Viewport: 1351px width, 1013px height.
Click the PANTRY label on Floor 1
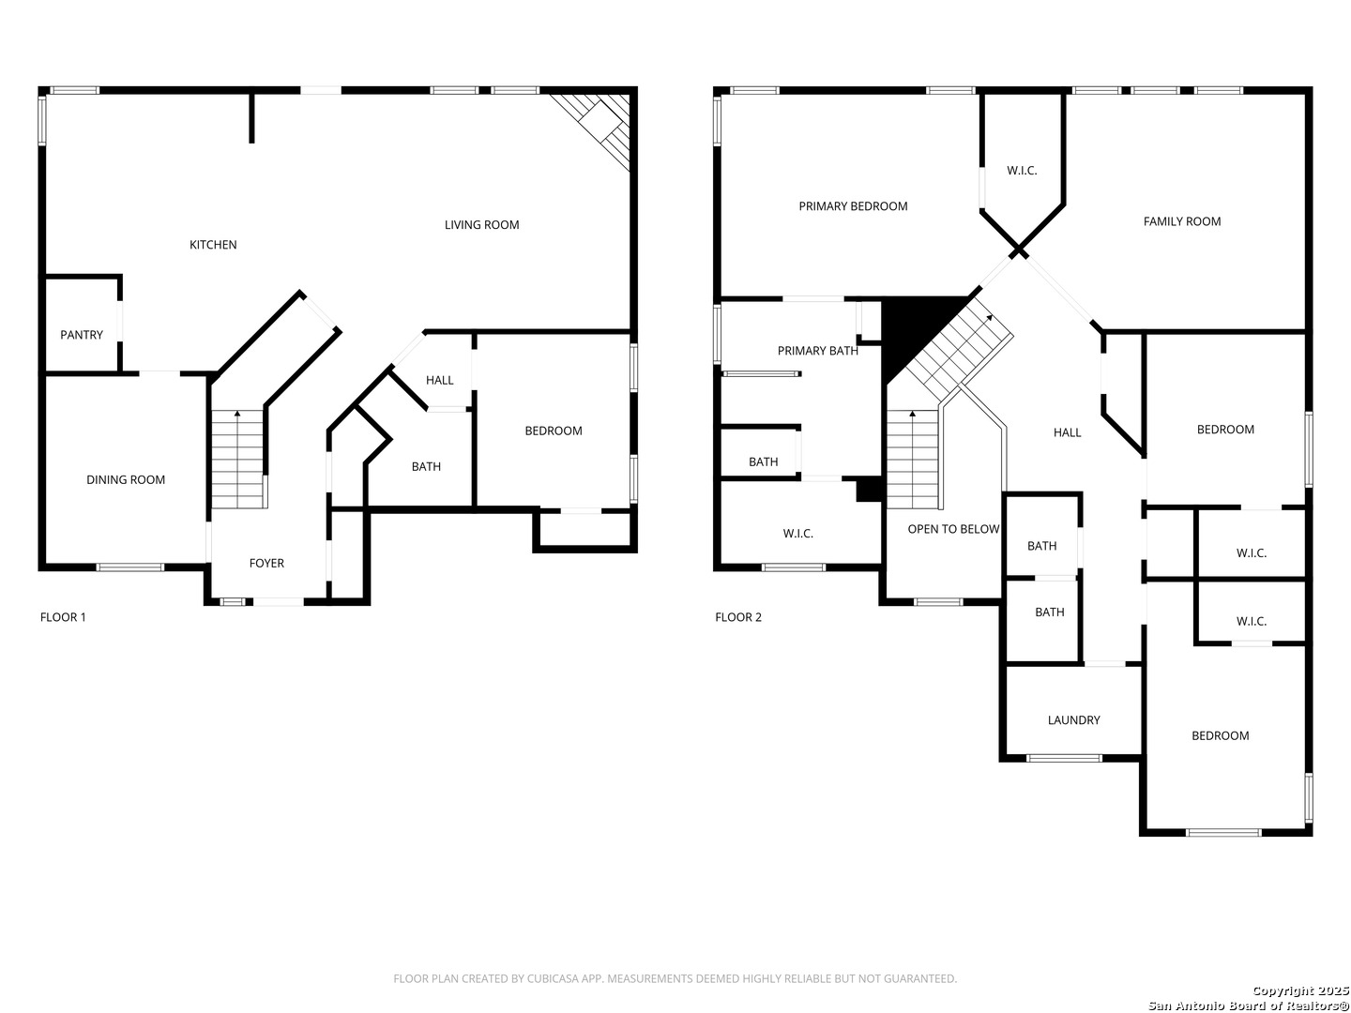[82, 335]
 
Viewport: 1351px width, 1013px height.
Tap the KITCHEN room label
[213, 245]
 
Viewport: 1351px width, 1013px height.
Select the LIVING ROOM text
[481, 225]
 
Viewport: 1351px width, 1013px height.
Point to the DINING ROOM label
[126, 480]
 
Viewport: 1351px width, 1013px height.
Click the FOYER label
[266, 564]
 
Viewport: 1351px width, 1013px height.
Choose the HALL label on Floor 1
[439, 381]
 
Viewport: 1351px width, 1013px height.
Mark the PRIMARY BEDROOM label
[853, 206]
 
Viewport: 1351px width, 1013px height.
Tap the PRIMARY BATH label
[817, 351]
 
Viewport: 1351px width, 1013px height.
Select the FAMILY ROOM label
[1181, 221]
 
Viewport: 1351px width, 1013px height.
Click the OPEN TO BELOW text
[953, 529]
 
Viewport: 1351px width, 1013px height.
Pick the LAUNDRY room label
[1073, 720]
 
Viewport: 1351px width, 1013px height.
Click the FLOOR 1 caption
[63, 617]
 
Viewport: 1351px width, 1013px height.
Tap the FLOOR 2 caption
[738, 617]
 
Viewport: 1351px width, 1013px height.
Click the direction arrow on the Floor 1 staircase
[236, 414]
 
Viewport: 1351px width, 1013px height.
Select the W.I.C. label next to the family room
[1022, 171]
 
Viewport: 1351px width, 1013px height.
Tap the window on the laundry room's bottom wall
[1064, 758]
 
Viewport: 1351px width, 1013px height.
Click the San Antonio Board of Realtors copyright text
[1248, 1005]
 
